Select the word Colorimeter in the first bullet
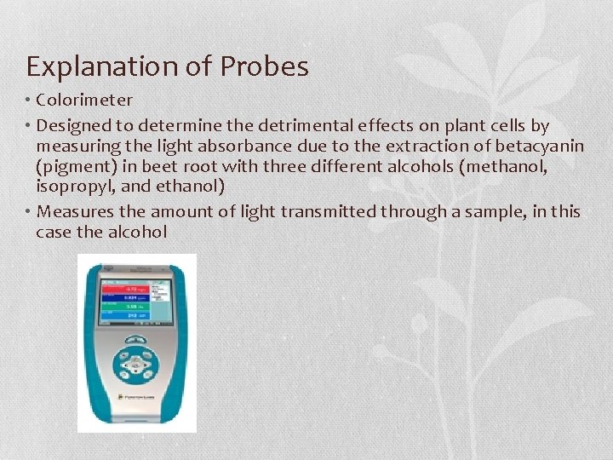(x=84, y=101)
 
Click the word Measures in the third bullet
(x=74, y=211)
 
